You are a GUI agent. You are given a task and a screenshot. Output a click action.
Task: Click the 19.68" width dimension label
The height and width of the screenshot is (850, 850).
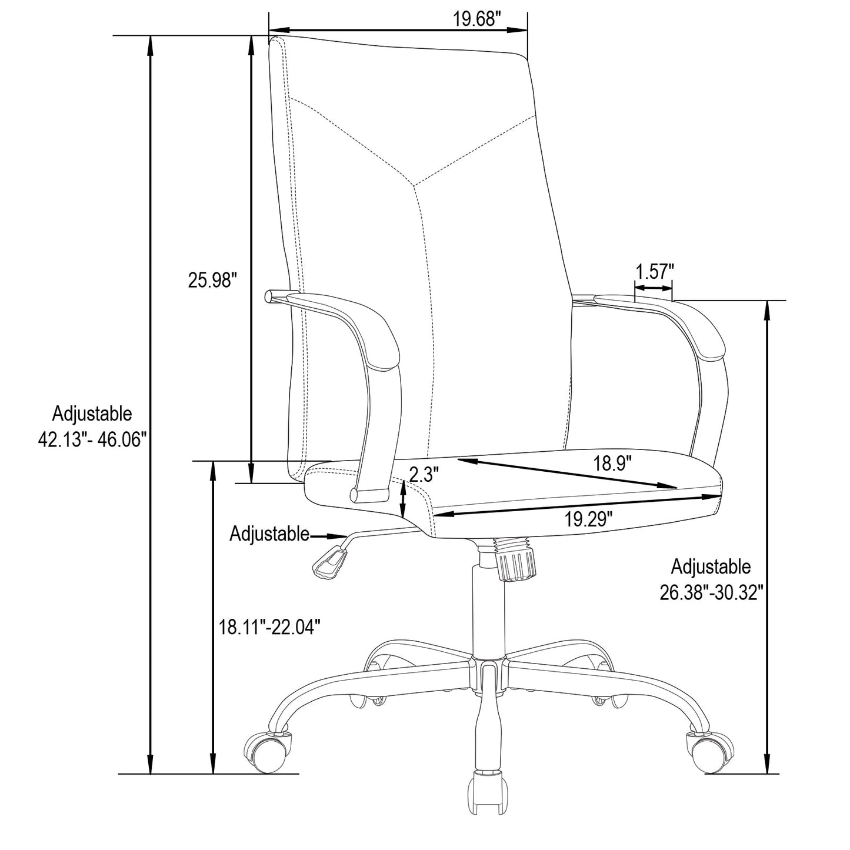pyautogui.click(x=477, y=19)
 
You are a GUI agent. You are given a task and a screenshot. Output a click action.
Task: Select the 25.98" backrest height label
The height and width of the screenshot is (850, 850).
pyautogui.click(x=212, y=280)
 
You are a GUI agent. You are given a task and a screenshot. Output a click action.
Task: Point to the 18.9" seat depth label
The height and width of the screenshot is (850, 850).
pyautogui.click(x=612, y=464)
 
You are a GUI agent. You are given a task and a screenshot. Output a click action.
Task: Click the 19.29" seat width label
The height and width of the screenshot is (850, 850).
pyautogui.click(x=589, y=519)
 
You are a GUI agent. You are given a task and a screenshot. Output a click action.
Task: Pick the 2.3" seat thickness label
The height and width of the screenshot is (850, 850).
pyautogui.click(x=424, y=475)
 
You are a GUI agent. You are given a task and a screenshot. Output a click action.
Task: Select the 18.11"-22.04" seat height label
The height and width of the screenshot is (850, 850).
pyautogui.click(x=269, y=627)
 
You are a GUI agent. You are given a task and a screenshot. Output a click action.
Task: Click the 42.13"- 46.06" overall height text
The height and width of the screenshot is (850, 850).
pyautogui.click(x=92, y=439)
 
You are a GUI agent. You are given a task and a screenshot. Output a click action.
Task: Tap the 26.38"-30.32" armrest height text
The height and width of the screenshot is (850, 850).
pyautogui.click(x=711, y=592)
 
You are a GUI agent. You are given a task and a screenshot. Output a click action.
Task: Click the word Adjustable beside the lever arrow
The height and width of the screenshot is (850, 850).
pyautogui.click(x=269, y=534)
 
